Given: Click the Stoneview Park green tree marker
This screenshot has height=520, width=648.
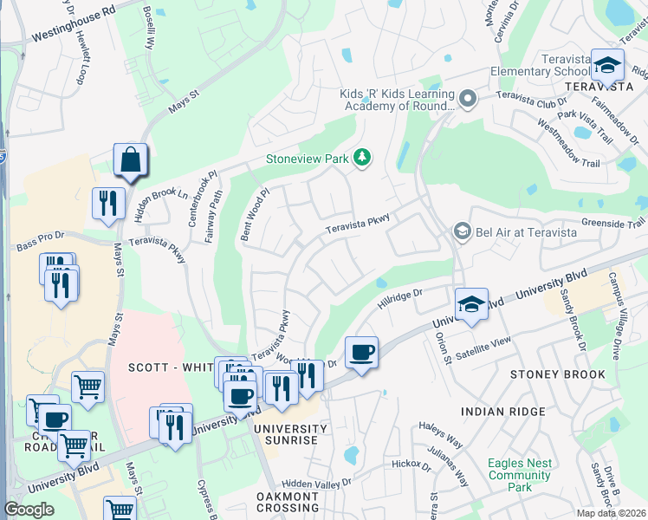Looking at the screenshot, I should [x=363, y=158].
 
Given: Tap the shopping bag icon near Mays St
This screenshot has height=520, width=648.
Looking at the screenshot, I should [x=130, y=161].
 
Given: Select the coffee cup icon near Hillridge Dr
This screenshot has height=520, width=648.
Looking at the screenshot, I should [x=361, y=353].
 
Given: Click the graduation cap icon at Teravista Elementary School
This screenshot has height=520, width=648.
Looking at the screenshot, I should [x=608, y=65].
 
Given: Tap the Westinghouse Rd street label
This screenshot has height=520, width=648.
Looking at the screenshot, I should [x=73, y=26].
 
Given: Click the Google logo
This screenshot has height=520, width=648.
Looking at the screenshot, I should [x=29, y=510].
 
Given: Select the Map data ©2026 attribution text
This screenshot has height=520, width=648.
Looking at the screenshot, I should [x=611, y=513].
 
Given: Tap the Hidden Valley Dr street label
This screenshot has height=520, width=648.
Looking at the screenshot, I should [x=318, y=483].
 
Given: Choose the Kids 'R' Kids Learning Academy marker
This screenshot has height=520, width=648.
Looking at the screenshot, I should [x=469, y=99].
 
